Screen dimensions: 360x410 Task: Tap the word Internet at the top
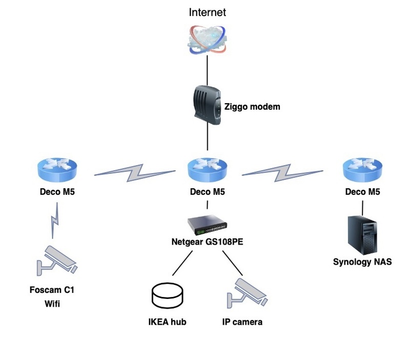(x=207, y=12)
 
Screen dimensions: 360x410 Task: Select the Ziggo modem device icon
(x=207, y=107)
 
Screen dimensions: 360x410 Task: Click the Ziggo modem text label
(x=253, y=107)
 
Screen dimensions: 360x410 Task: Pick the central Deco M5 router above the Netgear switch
(x=207, y=170)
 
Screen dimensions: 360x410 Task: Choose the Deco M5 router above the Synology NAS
(x=362, y=170)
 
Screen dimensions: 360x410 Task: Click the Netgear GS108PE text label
(x=207, y=241)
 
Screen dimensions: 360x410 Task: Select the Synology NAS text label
(x=362, y=262)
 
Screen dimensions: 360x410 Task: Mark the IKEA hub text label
(x=167, y=323)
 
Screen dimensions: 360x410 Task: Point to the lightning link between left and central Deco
(x=134, y=172)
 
